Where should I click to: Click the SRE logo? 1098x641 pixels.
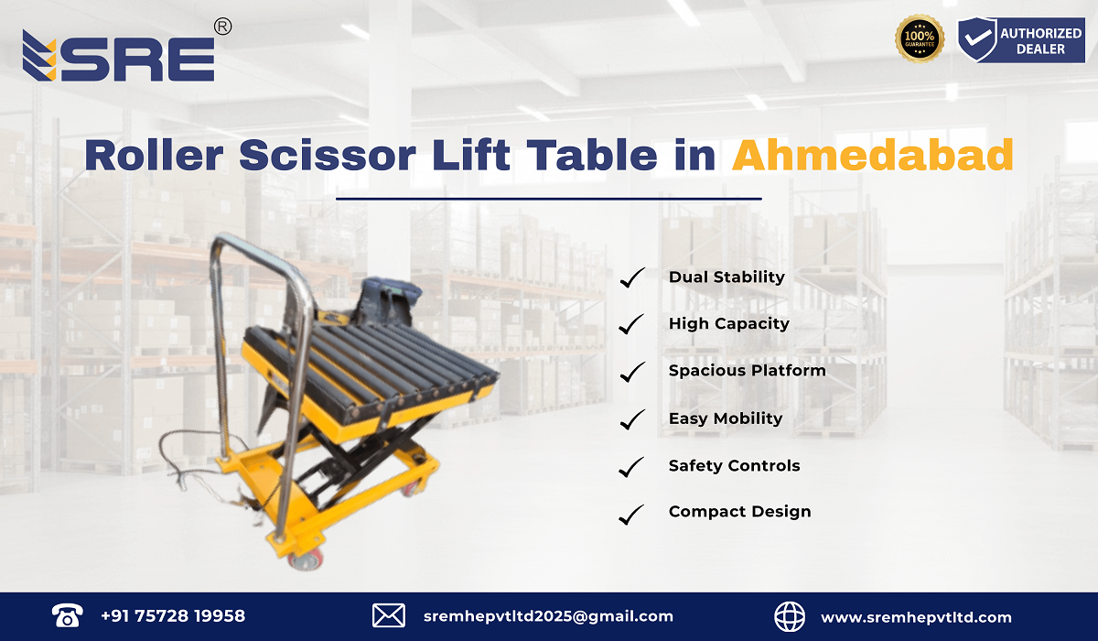(119, 57)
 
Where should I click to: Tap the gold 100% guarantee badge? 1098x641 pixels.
(920, 39)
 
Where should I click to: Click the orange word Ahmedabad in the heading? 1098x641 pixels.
(873, 155)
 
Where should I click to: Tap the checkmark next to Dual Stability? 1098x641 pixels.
(632, 277)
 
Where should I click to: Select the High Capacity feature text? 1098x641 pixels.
(728, 323)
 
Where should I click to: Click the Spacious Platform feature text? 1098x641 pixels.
(747, 371)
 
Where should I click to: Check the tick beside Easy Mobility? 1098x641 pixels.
(632, 419)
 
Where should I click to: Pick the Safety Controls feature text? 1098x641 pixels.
(734, 466)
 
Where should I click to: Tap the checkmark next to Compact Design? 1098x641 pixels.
(632, 514)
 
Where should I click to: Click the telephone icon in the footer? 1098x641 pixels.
(68, 615)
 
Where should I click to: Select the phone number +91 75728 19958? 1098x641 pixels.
(173, 616)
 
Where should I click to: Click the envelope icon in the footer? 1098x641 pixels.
(389, 615)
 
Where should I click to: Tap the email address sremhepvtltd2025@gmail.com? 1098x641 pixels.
(548, 616)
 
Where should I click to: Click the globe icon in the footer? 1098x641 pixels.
(791, 616)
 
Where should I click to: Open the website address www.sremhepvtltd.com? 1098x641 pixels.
(916, 617)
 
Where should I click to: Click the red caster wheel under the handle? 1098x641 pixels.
(305, 558)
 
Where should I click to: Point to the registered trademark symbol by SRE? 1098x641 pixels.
(221, 27)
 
